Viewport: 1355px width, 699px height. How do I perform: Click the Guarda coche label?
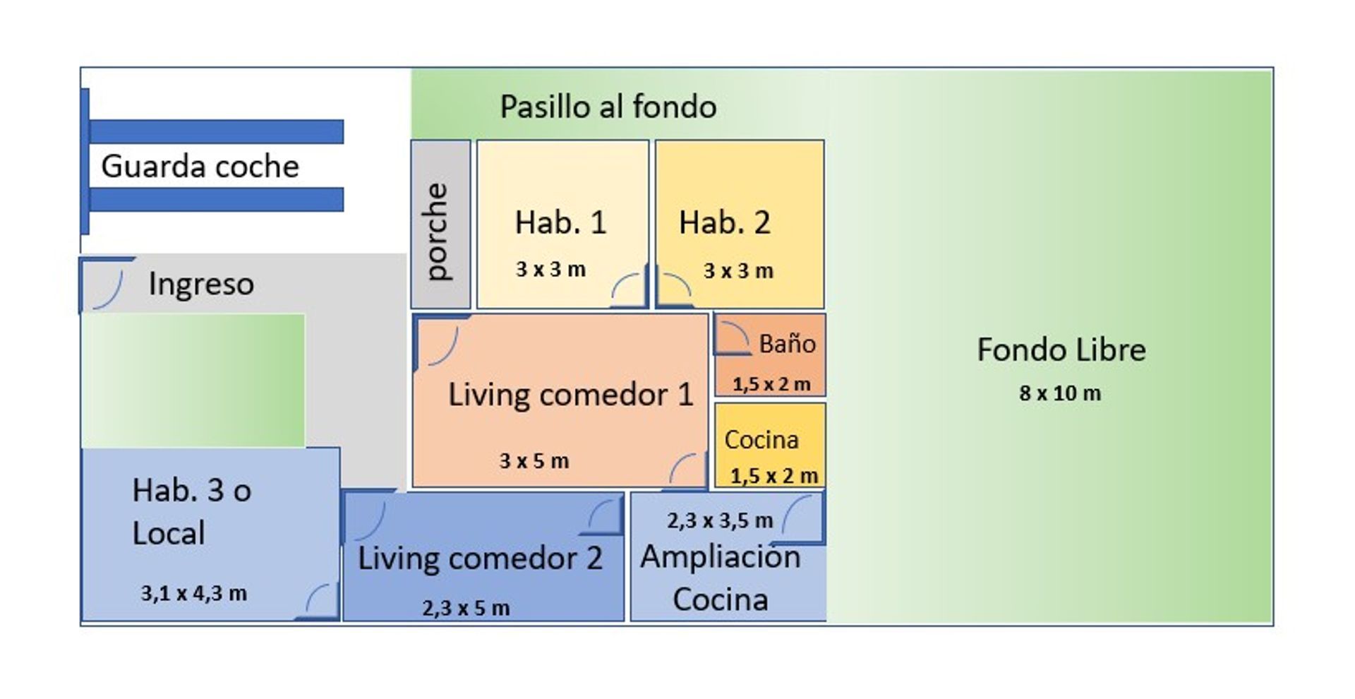[x=200, y=167]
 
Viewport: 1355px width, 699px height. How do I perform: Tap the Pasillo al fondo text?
[x=608, y=107]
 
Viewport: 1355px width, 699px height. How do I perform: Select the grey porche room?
[x=440, y=224]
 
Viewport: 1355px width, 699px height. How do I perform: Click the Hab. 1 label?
[x=560, y=222]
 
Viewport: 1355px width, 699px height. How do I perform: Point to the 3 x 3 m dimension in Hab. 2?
[x=738, y=271]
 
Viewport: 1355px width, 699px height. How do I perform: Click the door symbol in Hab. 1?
[x=630, y=286]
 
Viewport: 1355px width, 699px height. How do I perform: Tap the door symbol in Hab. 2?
[x=673, y=286]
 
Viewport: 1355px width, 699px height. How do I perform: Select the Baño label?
[x=787, y=344]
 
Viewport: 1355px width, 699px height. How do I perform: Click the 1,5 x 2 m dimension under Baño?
[x=771, y=385]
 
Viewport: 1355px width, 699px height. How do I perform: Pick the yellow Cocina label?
[x=761, y=440]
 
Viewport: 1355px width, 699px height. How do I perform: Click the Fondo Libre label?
[x=1061, y=350]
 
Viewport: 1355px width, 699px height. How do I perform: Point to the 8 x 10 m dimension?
[x=1060, y=393]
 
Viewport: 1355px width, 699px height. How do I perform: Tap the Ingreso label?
[x=201, y=284]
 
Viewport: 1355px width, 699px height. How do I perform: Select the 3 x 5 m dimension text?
[x=534, y=461]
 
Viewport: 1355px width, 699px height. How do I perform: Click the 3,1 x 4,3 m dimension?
[x=194, y=593]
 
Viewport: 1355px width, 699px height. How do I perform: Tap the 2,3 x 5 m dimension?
[x=466, y=608]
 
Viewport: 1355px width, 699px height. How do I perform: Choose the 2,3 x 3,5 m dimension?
[x=720, y=521]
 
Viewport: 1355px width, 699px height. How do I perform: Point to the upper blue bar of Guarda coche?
[x=216, y=131]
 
